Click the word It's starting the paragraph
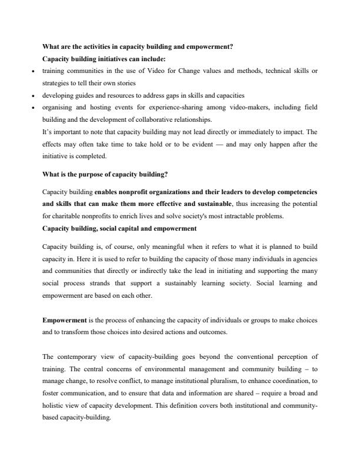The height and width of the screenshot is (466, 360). click(48, 131)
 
